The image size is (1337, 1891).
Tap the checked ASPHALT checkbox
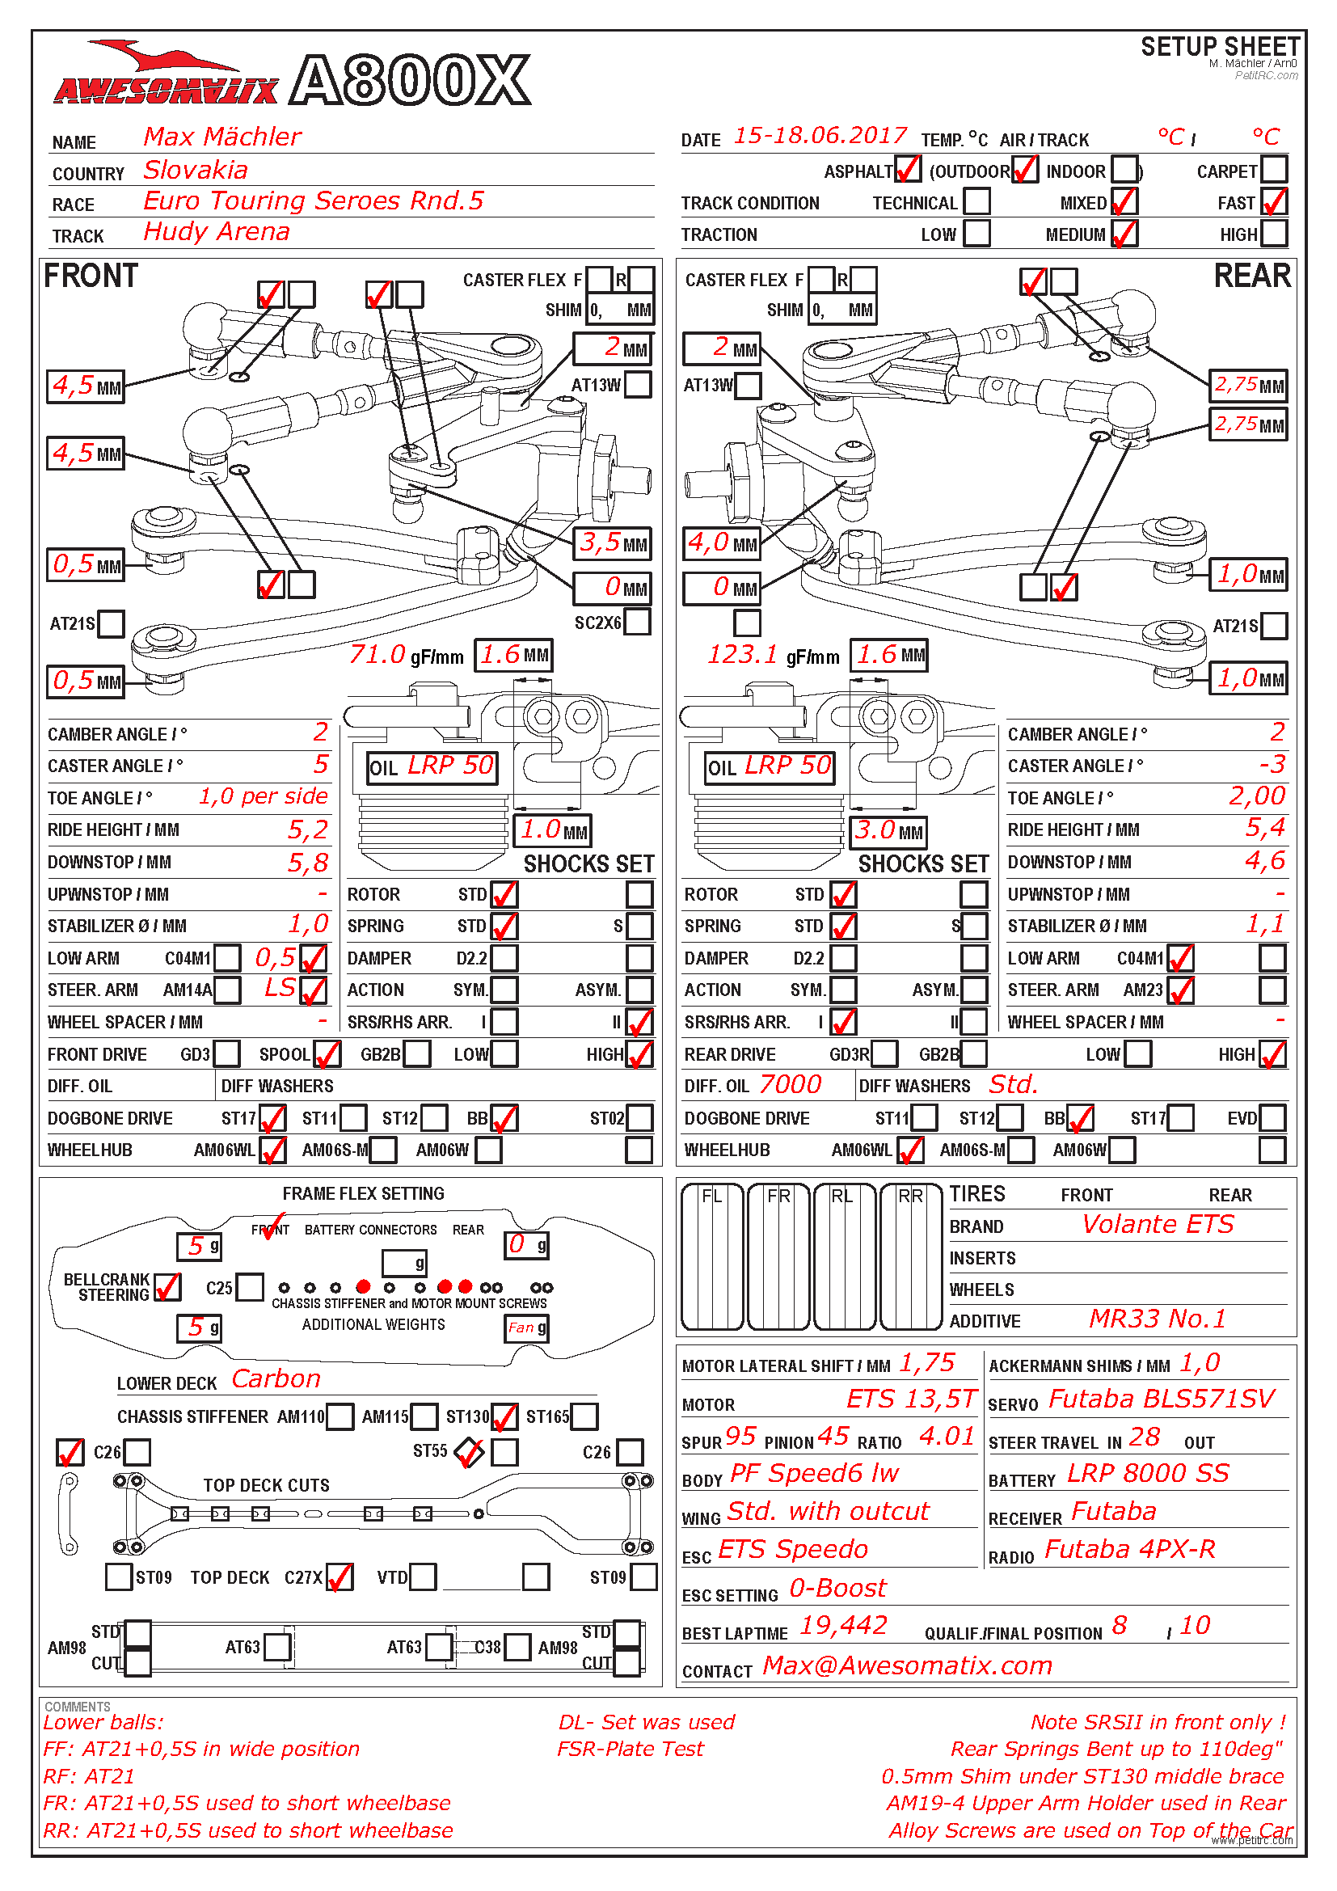pyautogui.click(x=907, y=170)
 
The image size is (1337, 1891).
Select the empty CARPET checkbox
pyautogui.click(x=1274, y=170)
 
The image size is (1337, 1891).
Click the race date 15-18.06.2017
pyautogui.click(x=819, y=136)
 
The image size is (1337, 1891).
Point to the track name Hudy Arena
pyautogui.click(x=217, y=232)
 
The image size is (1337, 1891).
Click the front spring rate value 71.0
pyautogui.click(x=377, y=655)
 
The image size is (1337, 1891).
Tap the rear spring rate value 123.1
pyautogui.click(x=743, y=655)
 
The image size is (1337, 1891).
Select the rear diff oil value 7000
pyautogui.click(x=790, y=1085)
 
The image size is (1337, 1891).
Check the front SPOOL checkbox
pyautogui.click(x=327, y=1053)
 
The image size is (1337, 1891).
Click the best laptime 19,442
pyautogui.click(x=843, y=1625)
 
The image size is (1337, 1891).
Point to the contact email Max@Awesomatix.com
pyautogui.click(x=907, y=1665)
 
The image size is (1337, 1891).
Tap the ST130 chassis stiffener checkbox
pyautogui.click(x=504, y=1416)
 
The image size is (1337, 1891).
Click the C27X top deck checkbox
pyautogui.click(x=340, y=1577)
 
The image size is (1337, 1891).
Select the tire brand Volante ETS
pyautogui.click(x=1158, y=1225)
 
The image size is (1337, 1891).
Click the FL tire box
pyautogui.click(x=712, y=1257)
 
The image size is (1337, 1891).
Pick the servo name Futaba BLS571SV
pyautogui.click(x=1161, y=1399)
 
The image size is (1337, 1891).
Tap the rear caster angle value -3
pyautogui.click(x=1272, y=764)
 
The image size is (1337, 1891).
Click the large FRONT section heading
pyautogui.click(x=91, y=276)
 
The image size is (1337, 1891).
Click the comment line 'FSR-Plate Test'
pyautogui.click(x=630, y=1749)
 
